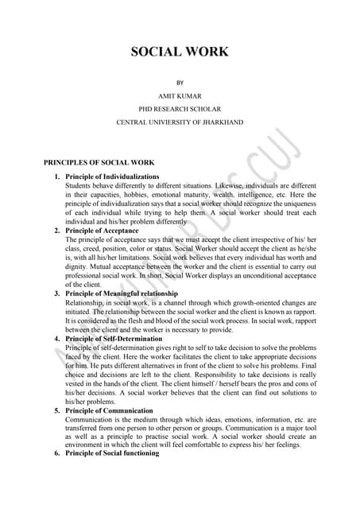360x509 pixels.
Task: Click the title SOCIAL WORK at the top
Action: click(180, 52)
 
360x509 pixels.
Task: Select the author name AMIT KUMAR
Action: click(180, 95)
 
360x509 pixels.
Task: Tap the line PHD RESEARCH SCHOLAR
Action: click(180, 108)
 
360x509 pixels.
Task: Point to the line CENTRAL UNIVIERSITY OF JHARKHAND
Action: click(180, 122)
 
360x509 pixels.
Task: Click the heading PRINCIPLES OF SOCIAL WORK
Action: click(99, 160)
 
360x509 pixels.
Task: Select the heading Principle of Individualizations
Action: click(111, 176)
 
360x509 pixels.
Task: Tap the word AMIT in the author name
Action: click(168, 95)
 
